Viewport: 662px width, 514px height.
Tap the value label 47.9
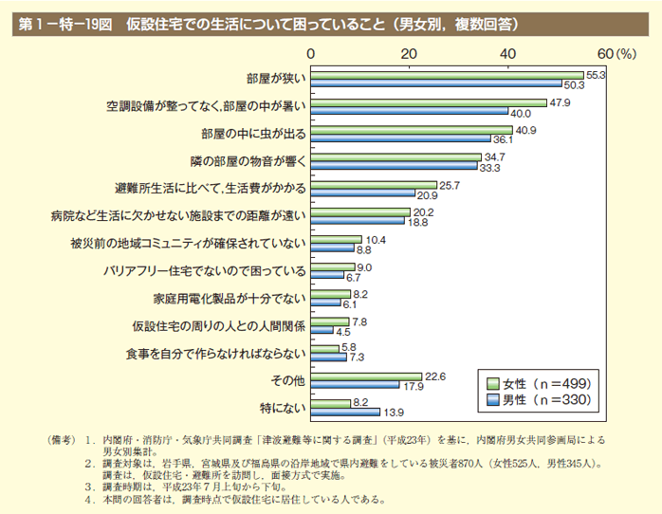(x=559, y=101)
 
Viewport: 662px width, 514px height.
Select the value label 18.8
(x=417, y=222)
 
